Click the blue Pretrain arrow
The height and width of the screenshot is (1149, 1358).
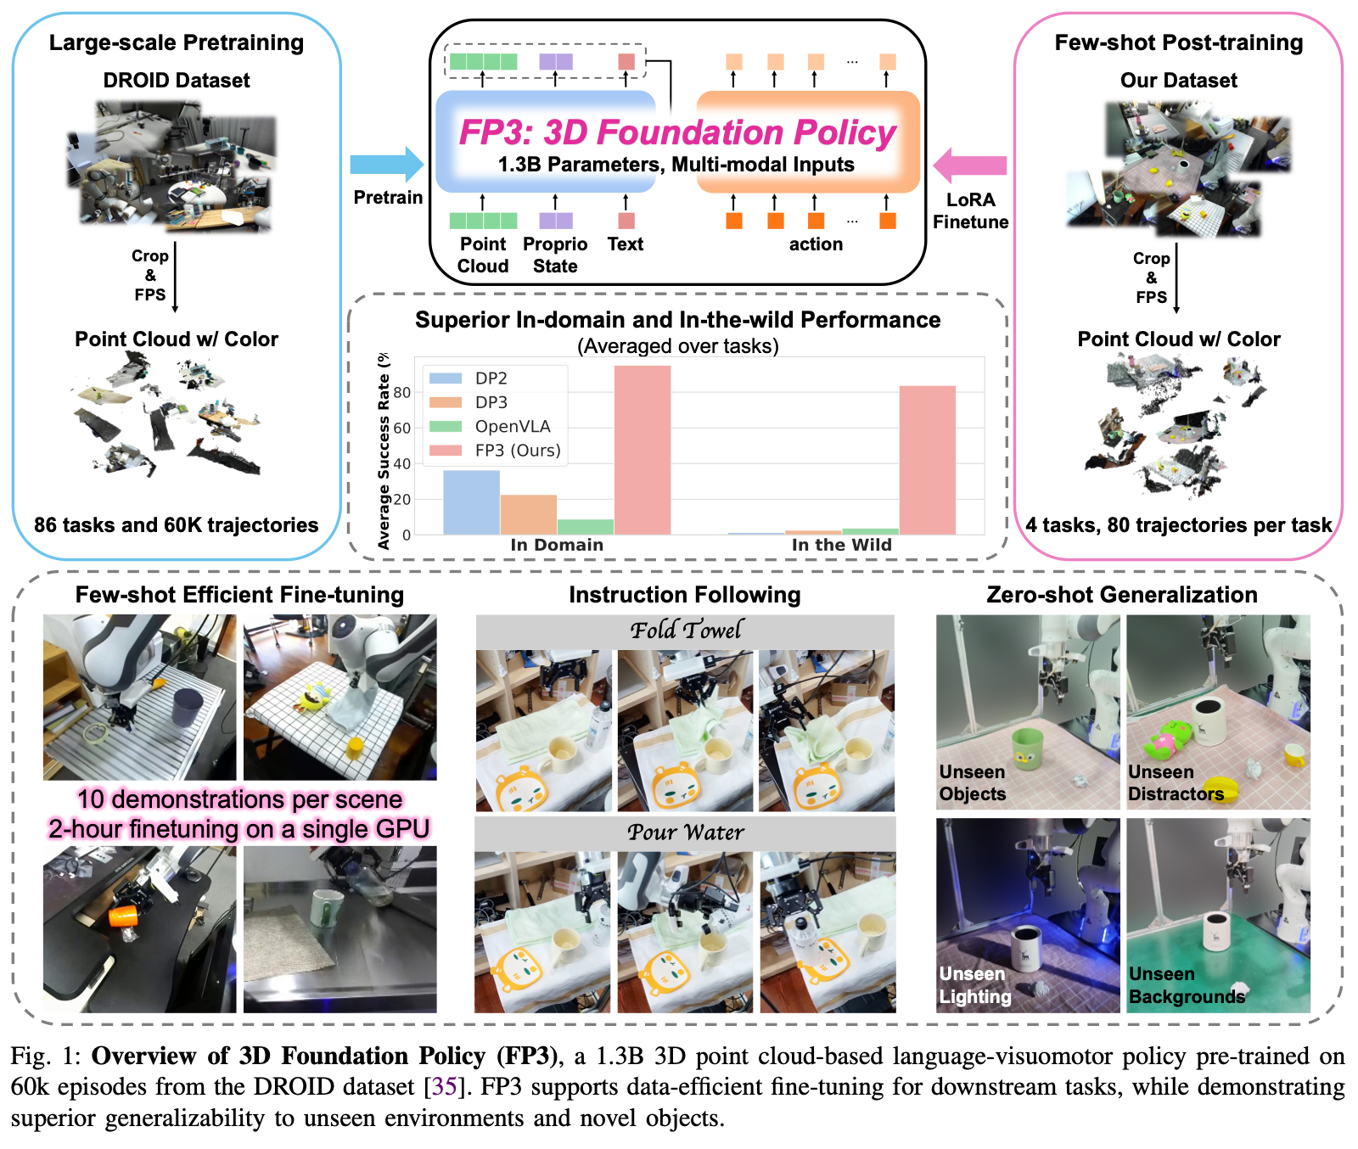[386, 165]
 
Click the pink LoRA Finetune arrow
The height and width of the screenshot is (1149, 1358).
[970, 165]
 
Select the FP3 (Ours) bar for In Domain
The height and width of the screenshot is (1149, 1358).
[642, 450]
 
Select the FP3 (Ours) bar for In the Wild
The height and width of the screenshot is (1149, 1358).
[927, 460]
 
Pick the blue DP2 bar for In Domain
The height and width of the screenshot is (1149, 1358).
[471, 502]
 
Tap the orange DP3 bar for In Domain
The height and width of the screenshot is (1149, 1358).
[528, 514]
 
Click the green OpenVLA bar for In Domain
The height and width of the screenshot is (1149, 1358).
[585, 526]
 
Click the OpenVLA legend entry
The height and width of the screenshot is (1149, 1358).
[512, 426]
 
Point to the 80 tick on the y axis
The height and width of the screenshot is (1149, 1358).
[401, 393]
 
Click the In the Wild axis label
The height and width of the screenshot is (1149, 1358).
[841, 545]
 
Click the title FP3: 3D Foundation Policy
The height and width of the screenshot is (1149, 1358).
[676, 132]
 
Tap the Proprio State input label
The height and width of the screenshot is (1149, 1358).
[555, 255]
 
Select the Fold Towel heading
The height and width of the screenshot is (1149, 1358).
[685, 630]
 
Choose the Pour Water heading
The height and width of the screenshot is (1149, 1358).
[685, 832]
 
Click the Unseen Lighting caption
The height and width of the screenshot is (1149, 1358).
[975, 985]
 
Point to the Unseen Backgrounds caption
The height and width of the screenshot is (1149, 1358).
[1187, 985]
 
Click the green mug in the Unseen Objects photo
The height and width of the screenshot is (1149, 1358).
[1027, 748]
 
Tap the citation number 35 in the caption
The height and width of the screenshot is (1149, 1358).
[445, 1087]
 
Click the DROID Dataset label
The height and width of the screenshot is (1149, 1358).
[177, 81]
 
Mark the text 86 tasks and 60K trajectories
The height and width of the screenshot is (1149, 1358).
[176, 525]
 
